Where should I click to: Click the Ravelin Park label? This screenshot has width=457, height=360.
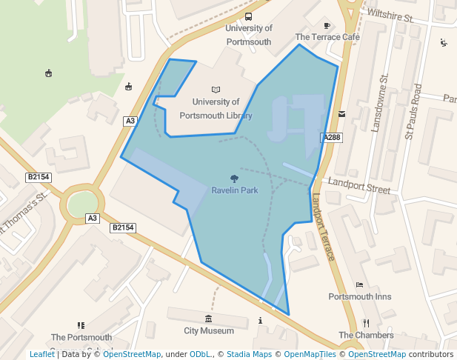pos(235,190)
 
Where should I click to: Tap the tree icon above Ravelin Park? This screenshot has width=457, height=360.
pos(235,179)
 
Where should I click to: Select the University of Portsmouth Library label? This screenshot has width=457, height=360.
pos(221,109)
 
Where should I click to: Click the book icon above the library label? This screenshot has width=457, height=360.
pos(216,90)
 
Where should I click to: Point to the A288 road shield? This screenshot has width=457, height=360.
pos(331,138)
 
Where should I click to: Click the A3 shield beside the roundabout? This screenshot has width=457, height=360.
pos(93,219)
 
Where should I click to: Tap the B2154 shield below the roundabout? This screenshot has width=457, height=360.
pos(123,228)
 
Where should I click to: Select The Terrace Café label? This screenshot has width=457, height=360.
pos(327,37)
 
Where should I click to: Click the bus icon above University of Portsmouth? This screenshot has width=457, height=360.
pos(248,17)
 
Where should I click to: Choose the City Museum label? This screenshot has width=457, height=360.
pos(209,331)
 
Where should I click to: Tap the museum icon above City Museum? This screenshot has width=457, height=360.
pos(208,319)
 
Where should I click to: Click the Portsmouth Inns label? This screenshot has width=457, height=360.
pos(359,297)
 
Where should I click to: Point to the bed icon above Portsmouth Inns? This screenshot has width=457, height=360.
pos(359,284)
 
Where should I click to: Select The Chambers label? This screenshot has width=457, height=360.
pos(366,336)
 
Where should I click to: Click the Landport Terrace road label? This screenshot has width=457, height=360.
pos(324,227)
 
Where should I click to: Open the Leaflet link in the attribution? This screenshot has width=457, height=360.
pos(41,355)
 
